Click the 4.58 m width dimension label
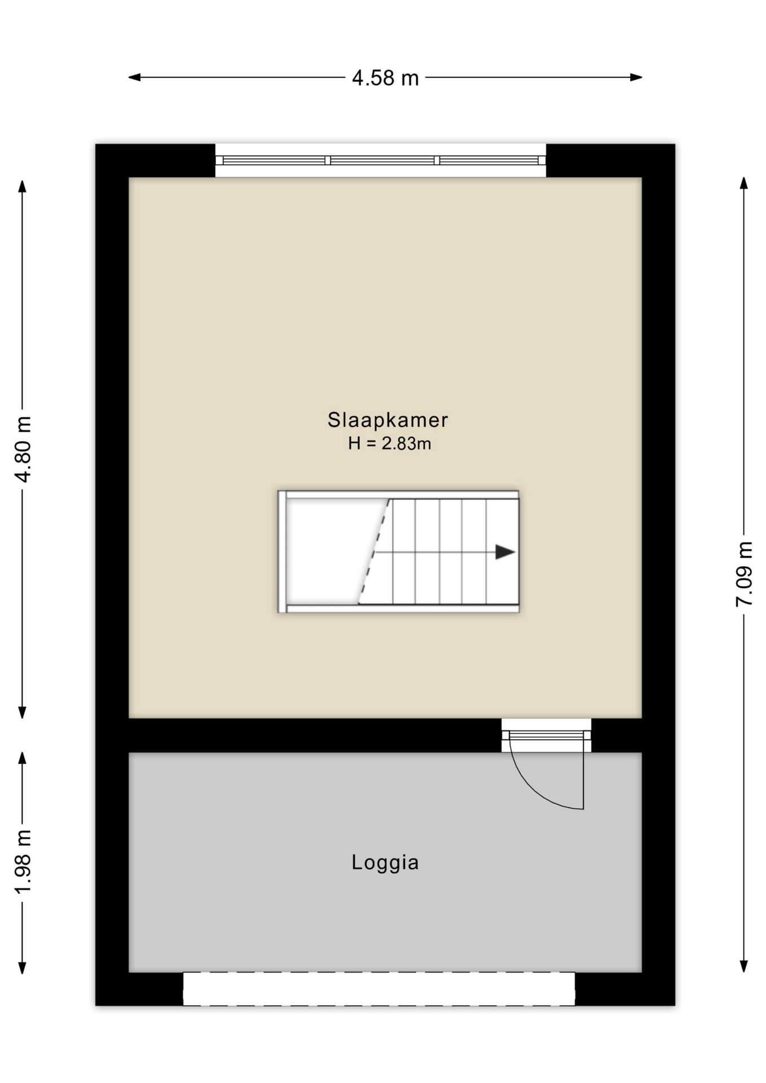[385, 78]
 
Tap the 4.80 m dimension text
[23, 449]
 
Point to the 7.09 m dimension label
[744, 574]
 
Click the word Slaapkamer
[388, 420]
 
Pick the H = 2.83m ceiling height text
[389, 443]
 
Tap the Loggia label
[385, 862]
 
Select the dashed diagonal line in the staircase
[374, 551]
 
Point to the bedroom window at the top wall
[381, 160]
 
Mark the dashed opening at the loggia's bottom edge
[379, 988]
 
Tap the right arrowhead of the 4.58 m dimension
[636, 77]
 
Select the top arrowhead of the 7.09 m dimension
[744, 183]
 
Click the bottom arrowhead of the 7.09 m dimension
[744, 966]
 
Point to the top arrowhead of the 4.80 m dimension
[23, 186]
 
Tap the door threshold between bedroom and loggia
[547, 735]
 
